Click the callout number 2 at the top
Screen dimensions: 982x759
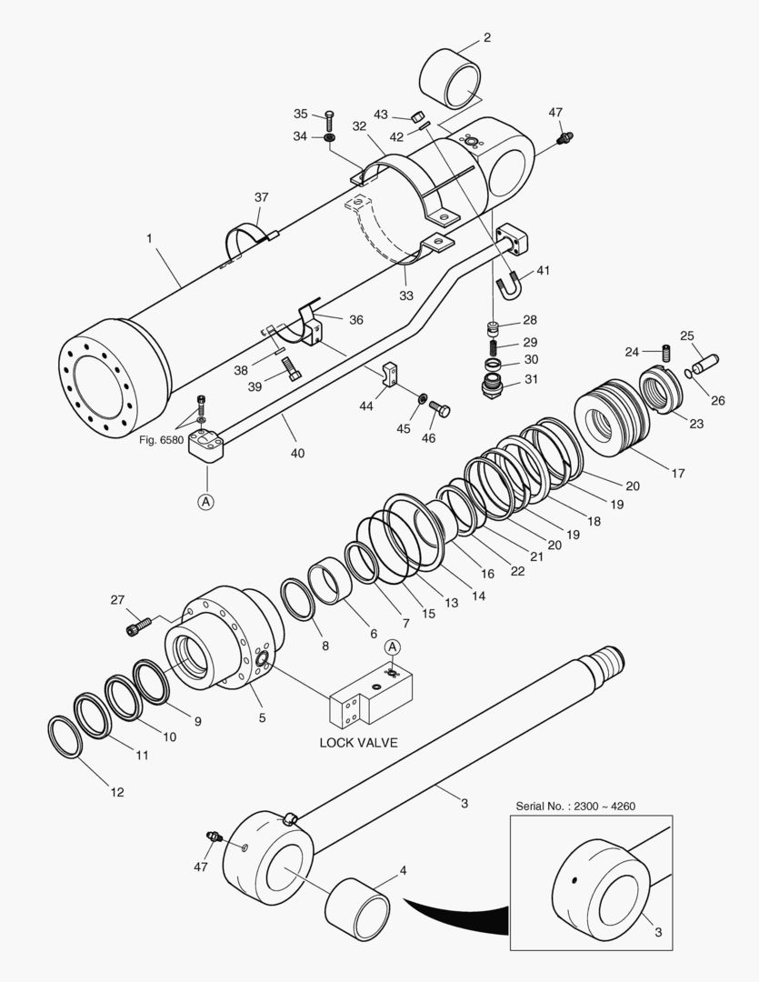[486, 37]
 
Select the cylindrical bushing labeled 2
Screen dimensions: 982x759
[451, 82]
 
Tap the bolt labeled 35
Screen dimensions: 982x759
[329, 117]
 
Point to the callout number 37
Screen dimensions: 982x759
[262, 197]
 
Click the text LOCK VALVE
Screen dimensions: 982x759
[358, 742]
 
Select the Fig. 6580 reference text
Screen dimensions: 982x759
[162, 440]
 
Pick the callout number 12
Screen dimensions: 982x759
[117, 791]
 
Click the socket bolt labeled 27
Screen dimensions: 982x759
[137, 626]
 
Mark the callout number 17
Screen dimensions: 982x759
[678, 473]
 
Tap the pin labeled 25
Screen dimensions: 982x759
[704, 362]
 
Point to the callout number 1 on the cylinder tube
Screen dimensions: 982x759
[148, 240]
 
